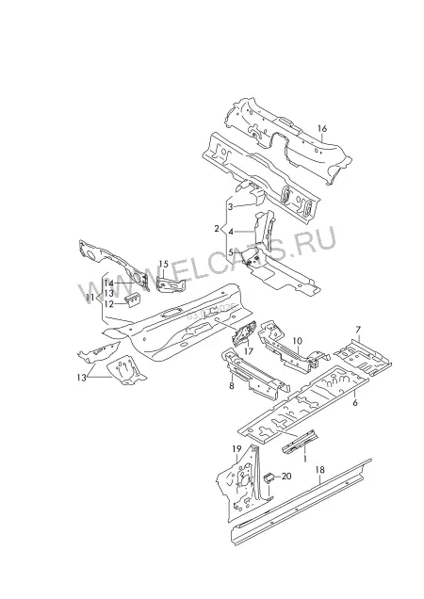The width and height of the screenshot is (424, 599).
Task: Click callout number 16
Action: (x=322, y=128)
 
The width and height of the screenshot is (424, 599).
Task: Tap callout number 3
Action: (x=231, y=207)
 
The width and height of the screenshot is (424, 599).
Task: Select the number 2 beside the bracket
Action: (x=217, y=229)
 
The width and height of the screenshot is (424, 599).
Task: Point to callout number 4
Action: (x=231, y=232)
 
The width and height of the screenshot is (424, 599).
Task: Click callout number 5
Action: (x=231, y=252)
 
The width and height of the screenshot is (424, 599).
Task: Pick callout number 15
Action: (x=163, y=264)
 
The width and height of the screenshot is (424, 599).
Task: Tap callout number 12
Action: (x=109, y=304)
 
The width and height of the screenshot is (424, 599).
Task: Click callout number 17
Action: (x=249, y=351)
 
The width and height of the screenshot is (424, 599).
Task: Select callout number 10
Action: (x=297, y=341)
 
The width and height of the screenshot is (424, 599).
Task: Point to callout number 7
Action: (x=358, y=330)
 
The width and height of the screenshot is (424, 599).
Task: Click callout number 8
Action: (x=232, y=386)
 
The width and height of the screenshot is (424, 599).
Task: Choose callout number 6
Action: (x=355, y=403)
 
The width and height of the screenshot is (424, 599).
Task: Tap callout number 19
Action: (x=236, y=449)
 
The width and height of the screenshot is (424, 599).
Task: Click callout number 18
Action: (x=320, y=470)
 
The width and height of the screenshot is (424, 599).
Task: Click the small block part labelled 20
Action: (x=269, y=478)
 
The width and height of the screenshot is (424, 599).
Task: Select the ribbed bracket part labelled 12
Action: (x=133, y=300)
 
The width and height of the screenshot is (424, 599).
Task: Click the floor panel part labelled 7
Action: (x=363, y=356)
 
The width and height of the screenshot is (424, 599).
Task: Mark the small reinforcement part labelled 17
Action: (x=243, y=332)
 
